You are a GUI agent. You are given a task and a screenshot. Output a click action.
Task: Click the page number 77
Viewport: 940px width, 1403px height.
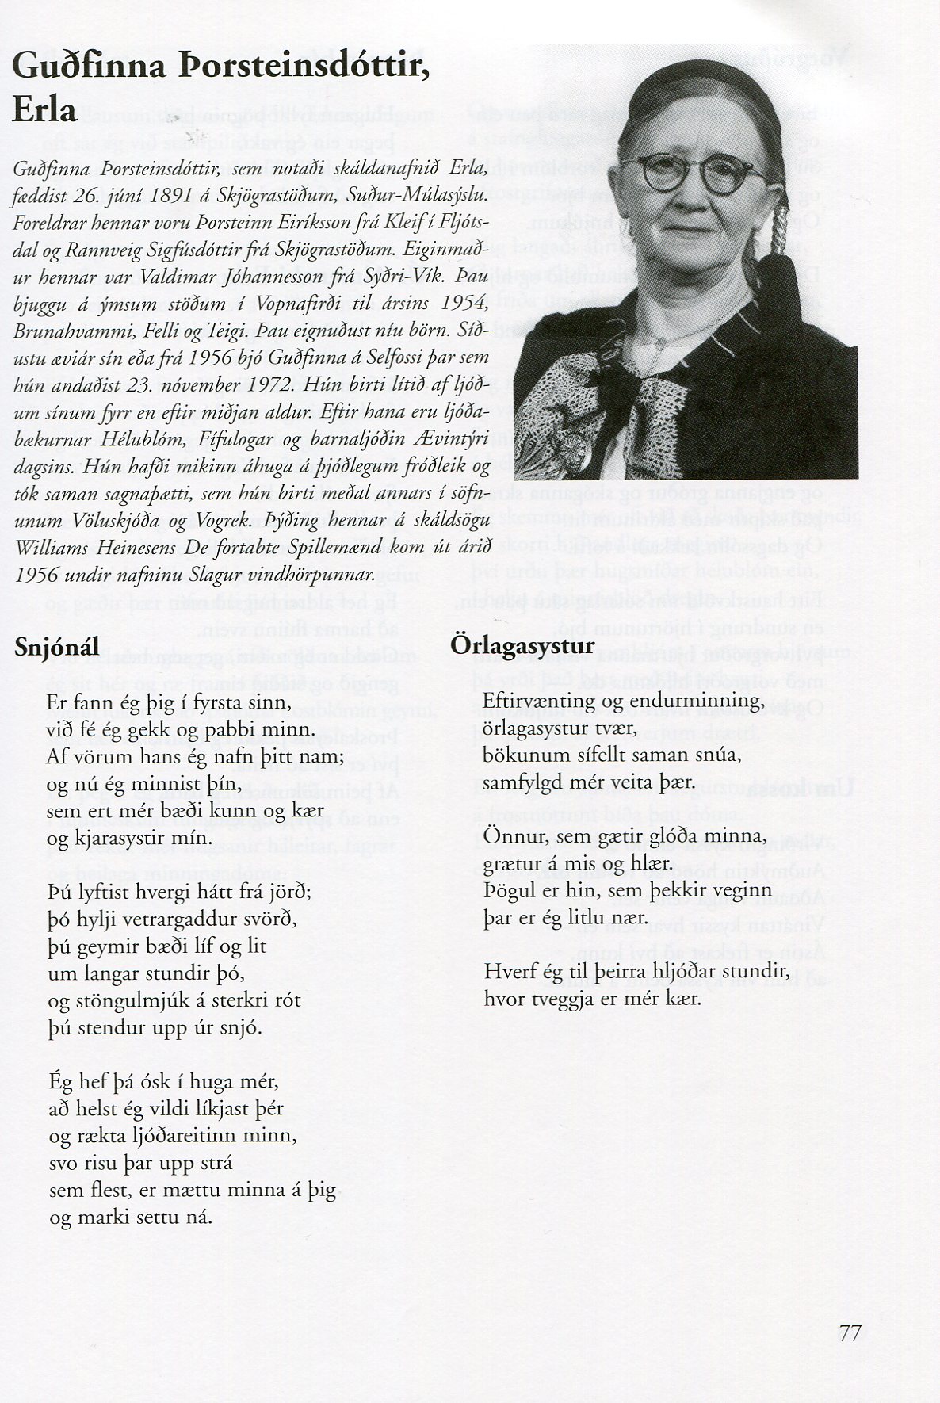click(849, 1332)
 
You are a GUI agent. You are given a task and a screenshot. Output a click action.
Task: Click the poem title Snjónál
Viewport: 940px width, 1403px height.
click(57, 647)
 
